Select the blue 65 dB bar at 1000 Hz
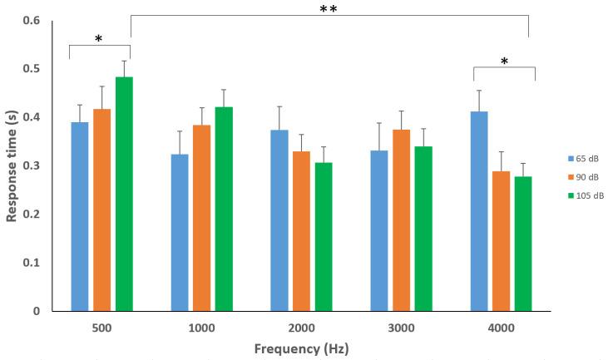180,233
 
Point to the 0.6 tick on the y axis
41,20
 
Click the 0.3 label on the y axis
41,165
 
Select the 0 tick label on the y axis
46,311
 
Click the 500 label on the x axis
101,328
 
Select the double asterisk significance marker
329,10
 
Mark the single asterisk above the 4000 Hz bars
503,62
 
